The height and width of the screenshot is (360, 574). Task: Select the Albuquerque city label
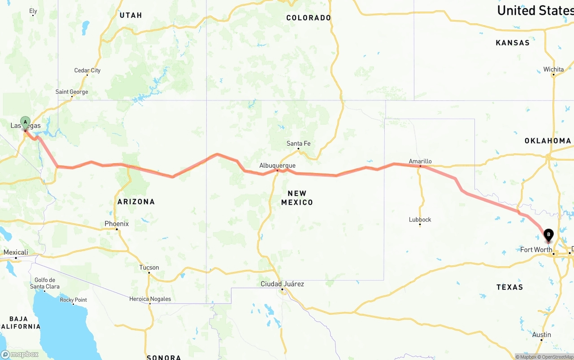277,165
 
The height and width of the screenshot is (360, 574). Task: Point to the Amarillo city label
420,161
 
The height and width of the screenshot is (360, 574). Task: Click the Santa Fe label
298,143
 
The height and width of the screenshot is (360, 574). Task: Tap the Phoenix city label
117,224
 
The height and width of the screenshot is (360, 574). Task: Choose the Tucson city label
149,267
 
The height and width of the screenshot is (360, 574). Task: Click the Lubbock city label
420,219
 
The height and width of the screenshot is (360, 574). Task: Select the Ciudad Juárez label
283,284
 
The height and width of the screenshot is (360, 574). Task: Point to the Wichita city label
553,69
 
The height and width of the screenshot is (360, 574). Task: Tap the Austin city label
542,334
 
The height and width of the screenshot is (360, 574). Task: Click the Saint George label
72,92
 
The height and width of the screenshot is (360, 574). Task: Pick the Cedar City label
87,70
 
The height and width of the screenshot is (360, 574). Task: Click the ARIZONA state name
136,202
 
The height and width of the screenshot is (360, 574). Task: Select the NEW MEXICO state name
297,198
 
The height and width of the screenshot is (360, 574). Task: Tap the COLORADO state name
309,18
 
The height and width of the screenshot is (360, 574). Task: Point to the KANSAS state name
513,43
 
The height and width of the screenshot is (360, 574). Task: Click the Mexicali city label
16,252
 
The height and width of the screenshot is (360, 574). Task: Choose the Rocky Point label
74,300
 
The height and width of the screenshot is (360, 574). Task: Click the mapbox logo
20,354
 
